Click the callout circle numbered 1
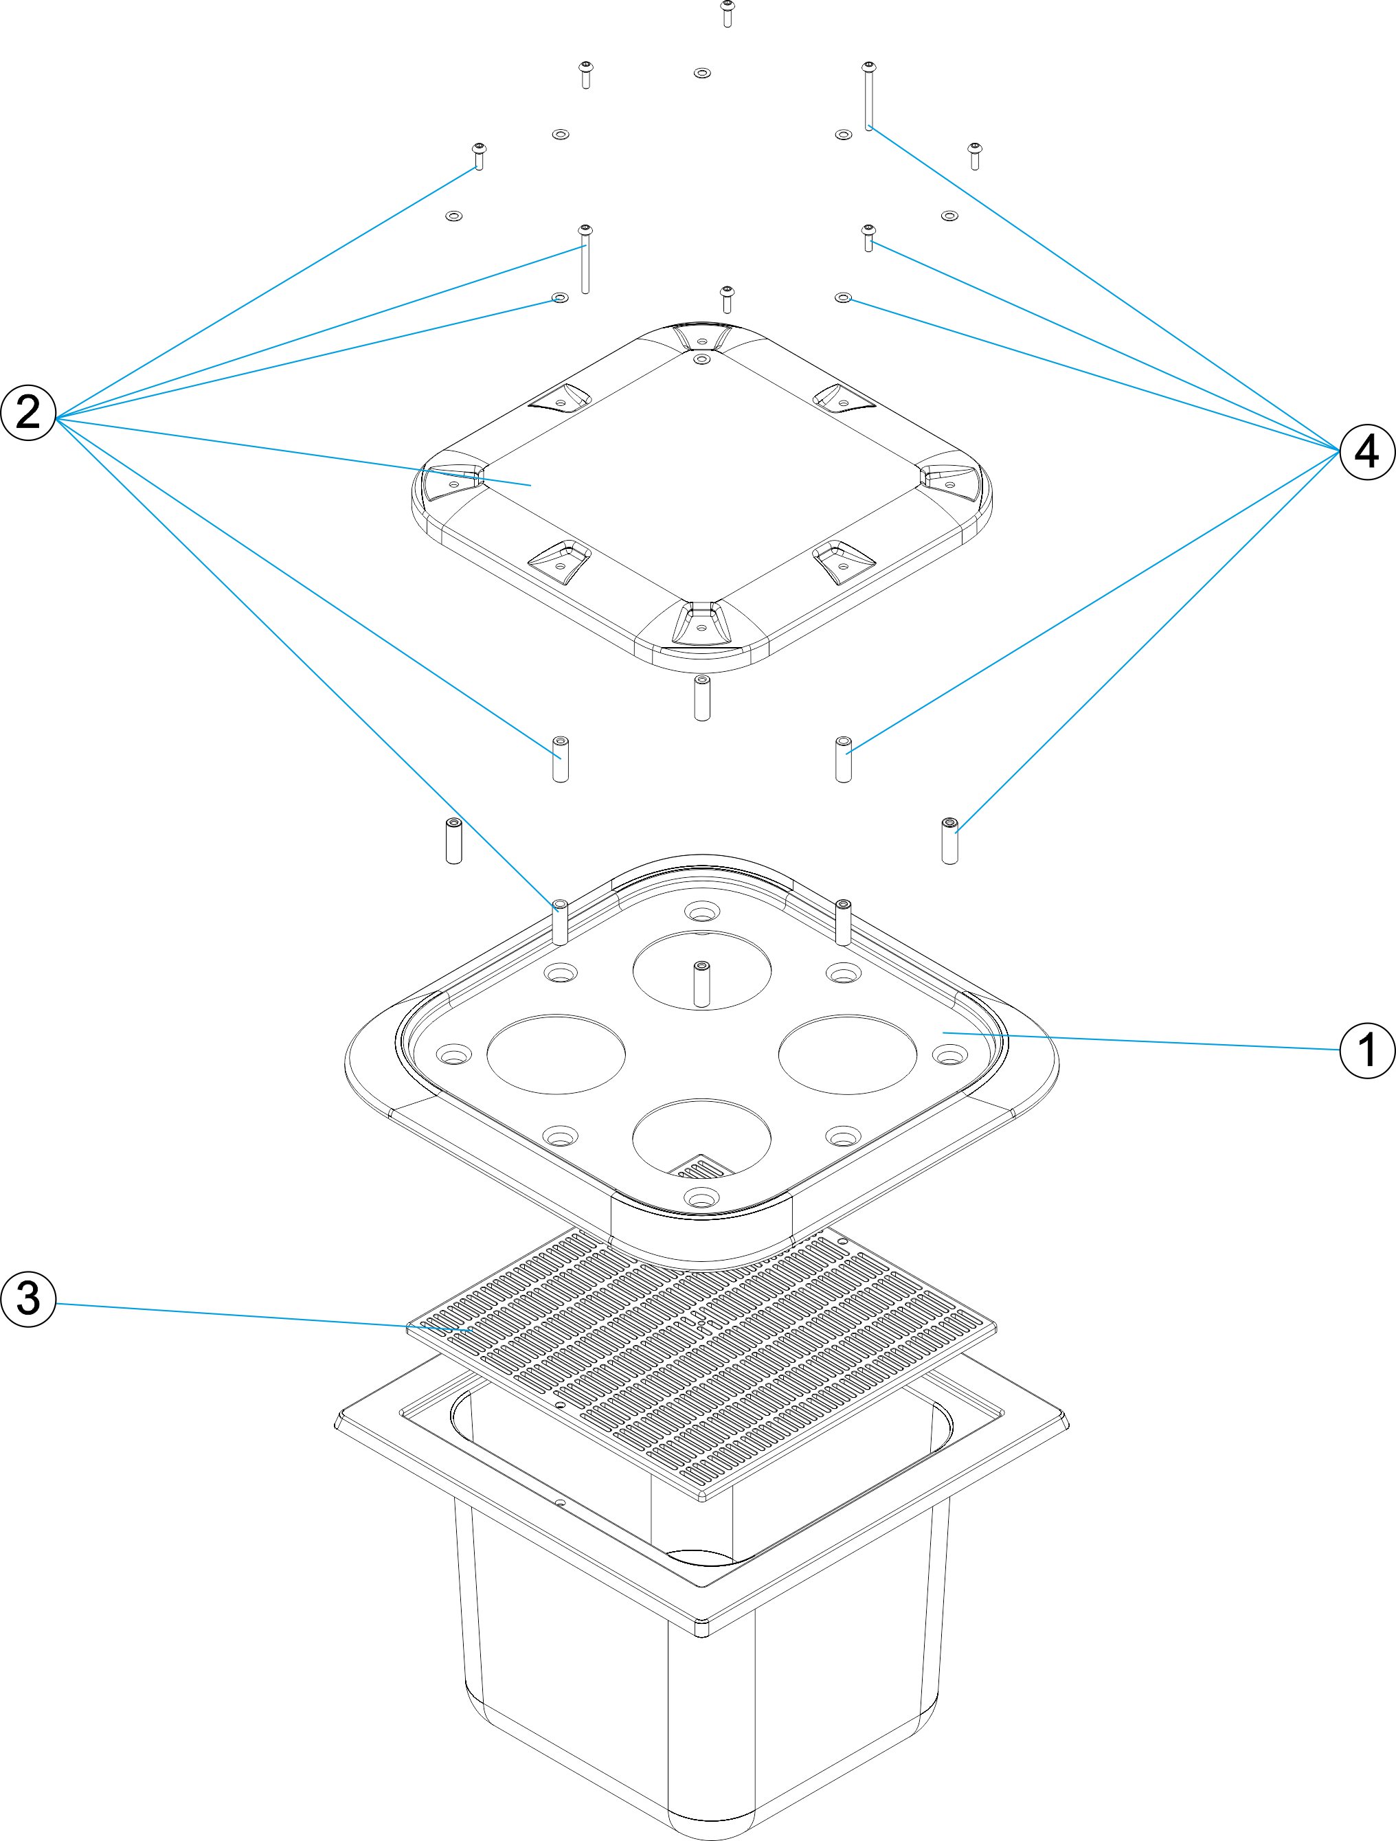pos(1366,1050)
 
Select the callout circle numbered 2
pos(28,413)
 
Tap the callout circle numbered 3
pos(28,1298)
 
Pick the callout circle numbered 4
pos(1366,452)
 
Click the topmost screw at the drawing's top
pos(727,13)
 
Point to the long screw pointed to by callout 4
pos(868,95)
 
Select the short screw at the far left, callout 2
pos(479,156)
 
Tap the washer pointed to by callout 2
pos(560,298)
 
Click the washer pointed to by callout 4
pos(843,297)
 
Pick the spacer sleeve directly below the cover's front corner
pos(701,697)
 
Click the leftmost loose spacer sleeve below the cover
pos(453,841)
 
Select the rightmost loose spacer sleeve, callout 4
pos(949,841)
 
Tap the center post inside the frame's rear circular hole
pos(701,984)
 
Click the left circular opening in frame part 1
pos(555,1054)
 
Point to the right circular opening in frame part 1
pos(847,1054)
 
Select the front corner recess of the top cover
pos(701,622)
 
